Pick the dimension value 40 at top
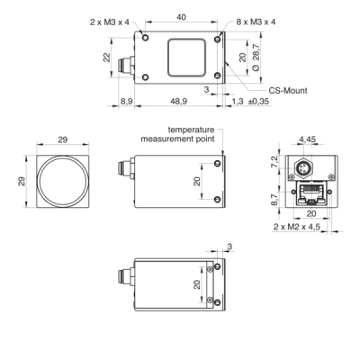pyautogui.click(x=182, y=18)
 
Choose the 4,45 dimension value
pyautogui.click(x=309, y=139)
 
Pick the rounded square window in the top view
pyautogui.click(x=183, y=58)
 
